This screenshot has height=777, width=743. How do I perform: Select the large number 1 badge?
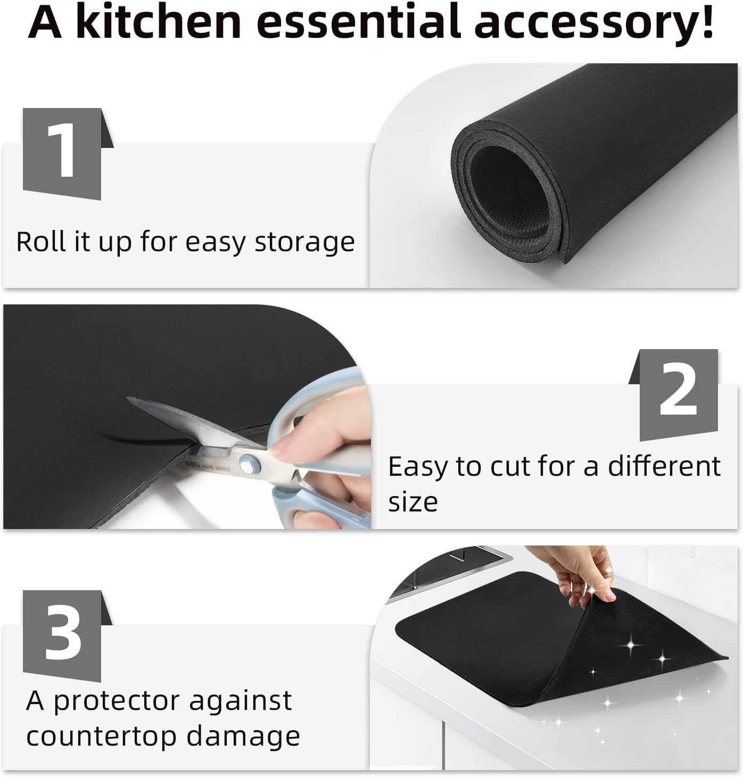click(68, 154)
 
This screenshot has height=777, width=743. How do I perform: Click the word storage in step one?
click(304, 243)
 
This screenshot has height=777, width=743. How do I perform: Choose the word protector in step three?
click(117, 701)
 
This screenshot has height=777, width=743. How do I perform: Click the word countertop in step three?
click(102, 737)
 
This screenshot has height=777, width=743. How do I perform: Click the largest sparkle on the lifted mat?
click(631, 644)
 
